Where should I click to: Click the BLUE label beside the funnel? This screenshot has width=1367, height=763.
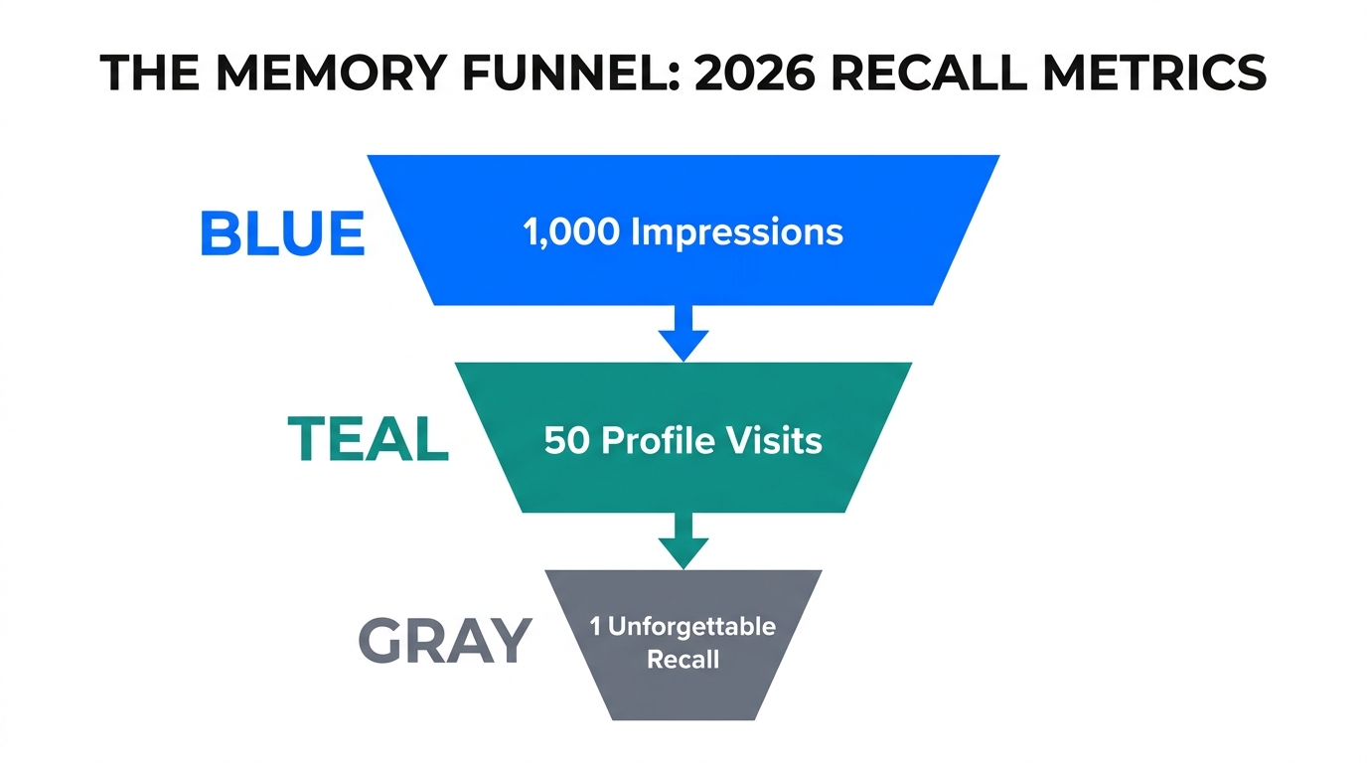click(x=282, y=234)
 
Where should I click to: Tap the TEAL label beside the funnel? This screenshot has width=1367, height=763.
click(x=368, y=439)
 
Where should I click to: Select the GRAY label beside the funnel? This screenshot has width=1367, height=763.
click(x=444, y=641)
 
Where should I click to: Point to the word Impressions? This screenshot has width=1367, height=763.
click(x=737, y=232)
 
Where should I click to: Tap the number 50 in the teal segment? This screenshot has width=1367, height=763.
click(x=567, y=440)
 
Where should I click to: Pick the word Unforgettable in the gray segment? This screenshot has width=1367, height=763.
click(x=691, y=627)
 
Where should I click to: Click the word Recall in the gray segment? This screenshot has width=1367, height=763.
click(x=683, y=659)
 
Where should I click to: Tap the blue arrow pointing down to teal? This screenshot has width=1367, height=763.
click(x=683, y=333)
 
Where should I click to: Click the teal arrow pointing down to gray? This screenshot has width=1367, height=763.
click(x=683, y=541)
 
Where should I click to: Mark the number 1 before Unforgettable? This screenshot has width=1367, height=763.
click(x=595, y=627)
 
